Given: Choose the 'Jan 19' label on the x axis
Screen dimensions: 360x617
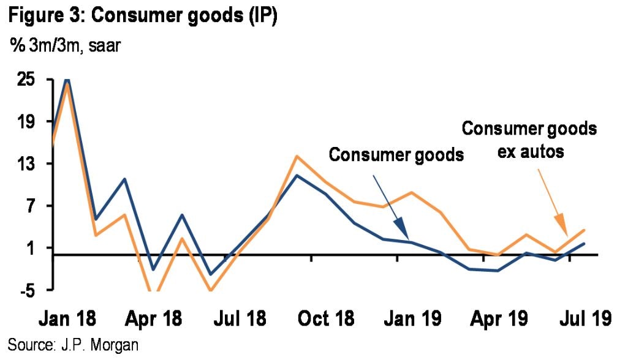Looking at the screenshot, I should (411, 319).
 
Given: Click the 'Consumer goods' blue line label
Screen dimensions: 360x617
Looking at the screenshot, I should (396, 154).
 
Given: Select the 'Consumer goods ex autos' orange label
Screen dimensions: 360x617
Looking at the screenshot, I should (528, 140).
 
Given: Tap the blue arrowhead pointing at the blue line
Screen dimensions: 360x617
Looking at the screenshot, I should (402, 231).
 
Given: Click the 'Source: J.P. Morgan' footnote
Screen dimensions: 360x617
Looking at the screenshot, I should (73, 345).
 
